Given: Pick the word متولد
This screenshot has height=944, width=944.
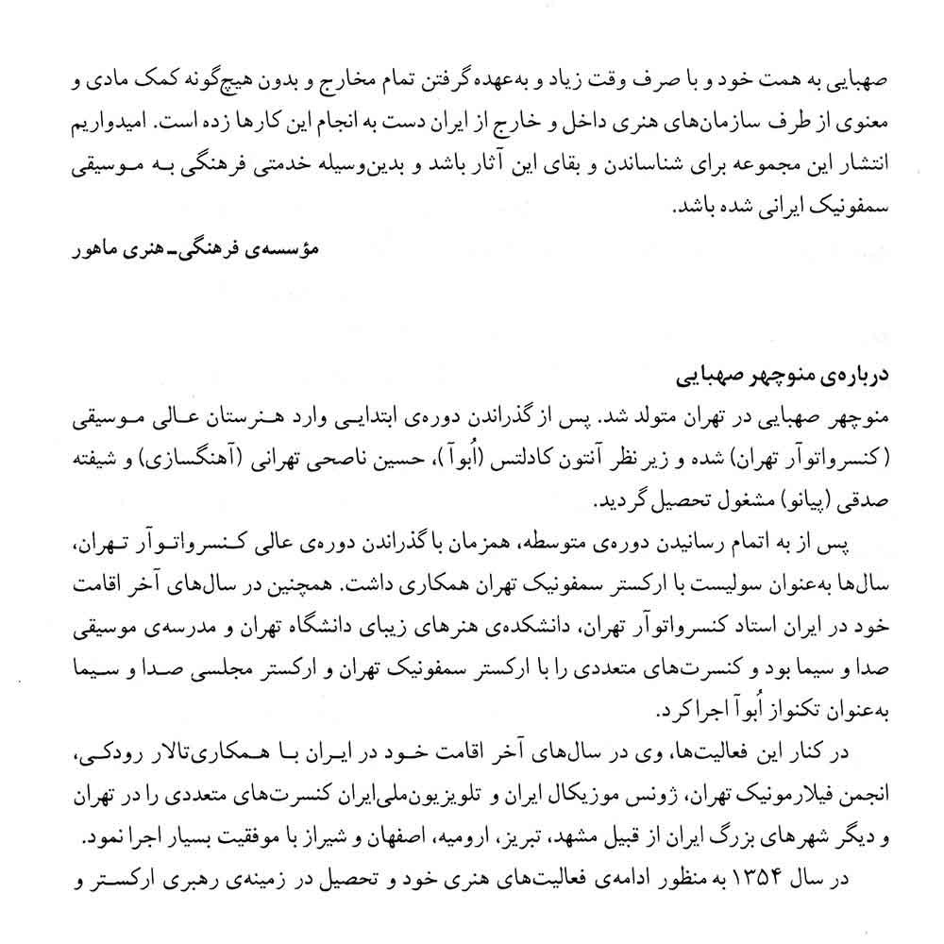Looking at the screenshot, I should pyautogui.click(x=628, y=418).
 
